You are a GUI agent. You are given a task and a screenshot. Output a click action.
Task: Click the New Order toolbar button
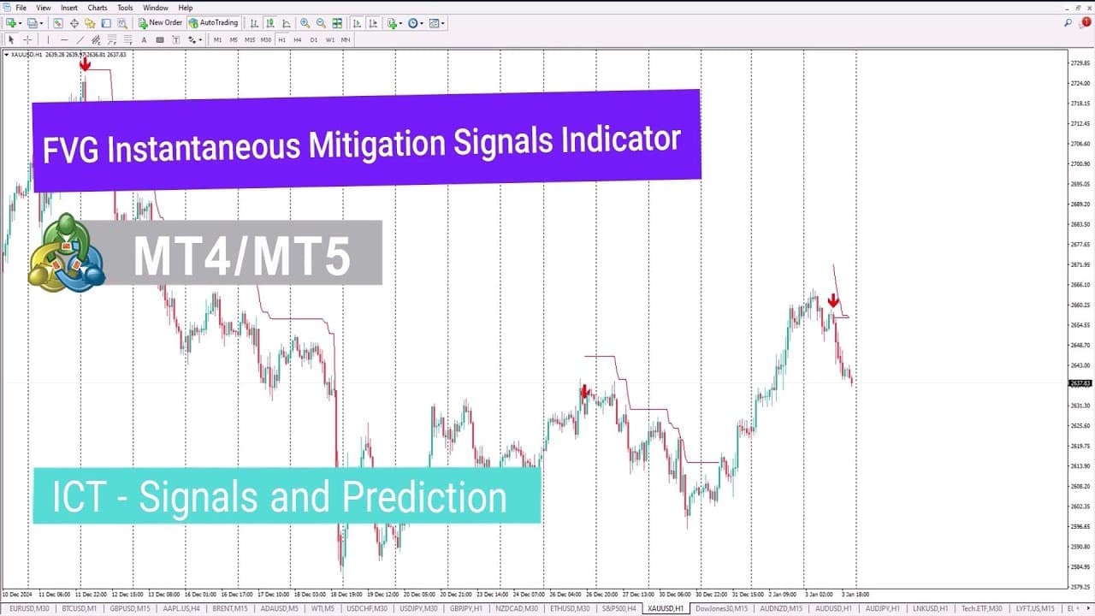(x=161, y=23)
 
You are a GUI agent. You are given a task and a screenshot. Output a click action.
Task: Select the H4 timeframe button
(x=298, y=39)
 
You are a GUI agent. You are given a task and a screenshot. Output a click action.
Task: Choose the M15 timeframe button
(x=250, y=39)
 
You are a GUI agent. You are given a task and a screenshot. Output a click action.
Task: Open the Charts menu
(x=98, y=8)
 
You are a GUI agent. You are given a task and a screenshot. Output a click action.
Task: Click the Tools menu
(x=125, y=8)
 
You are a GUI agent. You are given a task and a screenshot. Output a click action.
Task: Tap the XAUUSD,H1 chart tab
(x=666, y=608)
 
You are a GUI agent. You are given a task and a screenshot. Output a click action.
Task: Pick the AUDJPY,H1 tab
(x=882, y=608)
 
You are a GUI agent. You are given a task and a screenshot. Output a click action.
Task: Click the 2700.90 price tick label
(x=1080, y=164)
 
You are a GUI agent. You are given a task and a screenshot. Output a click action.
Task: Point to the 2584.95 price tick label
(x=1080, y=566)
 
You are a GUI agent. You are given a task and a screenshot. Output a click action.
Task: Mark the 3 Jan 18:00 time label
(x=855, y=594)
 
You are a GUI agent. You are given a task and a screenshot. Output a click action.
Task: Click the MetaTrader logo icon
(x=66, y=253)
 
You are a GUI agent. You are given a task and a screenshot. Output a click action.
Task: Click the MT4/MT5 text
(x=242, y=255)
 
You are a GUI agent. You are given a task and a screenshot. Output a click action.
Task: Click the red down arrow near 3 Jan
(x=833, y=301)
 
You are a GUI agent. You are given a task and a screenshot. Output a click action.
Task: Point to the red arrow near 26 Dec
(x=585, y=392)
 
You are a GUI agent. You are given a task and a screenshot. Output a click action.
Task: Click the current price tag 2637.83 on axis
(x=1080, y=383)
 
